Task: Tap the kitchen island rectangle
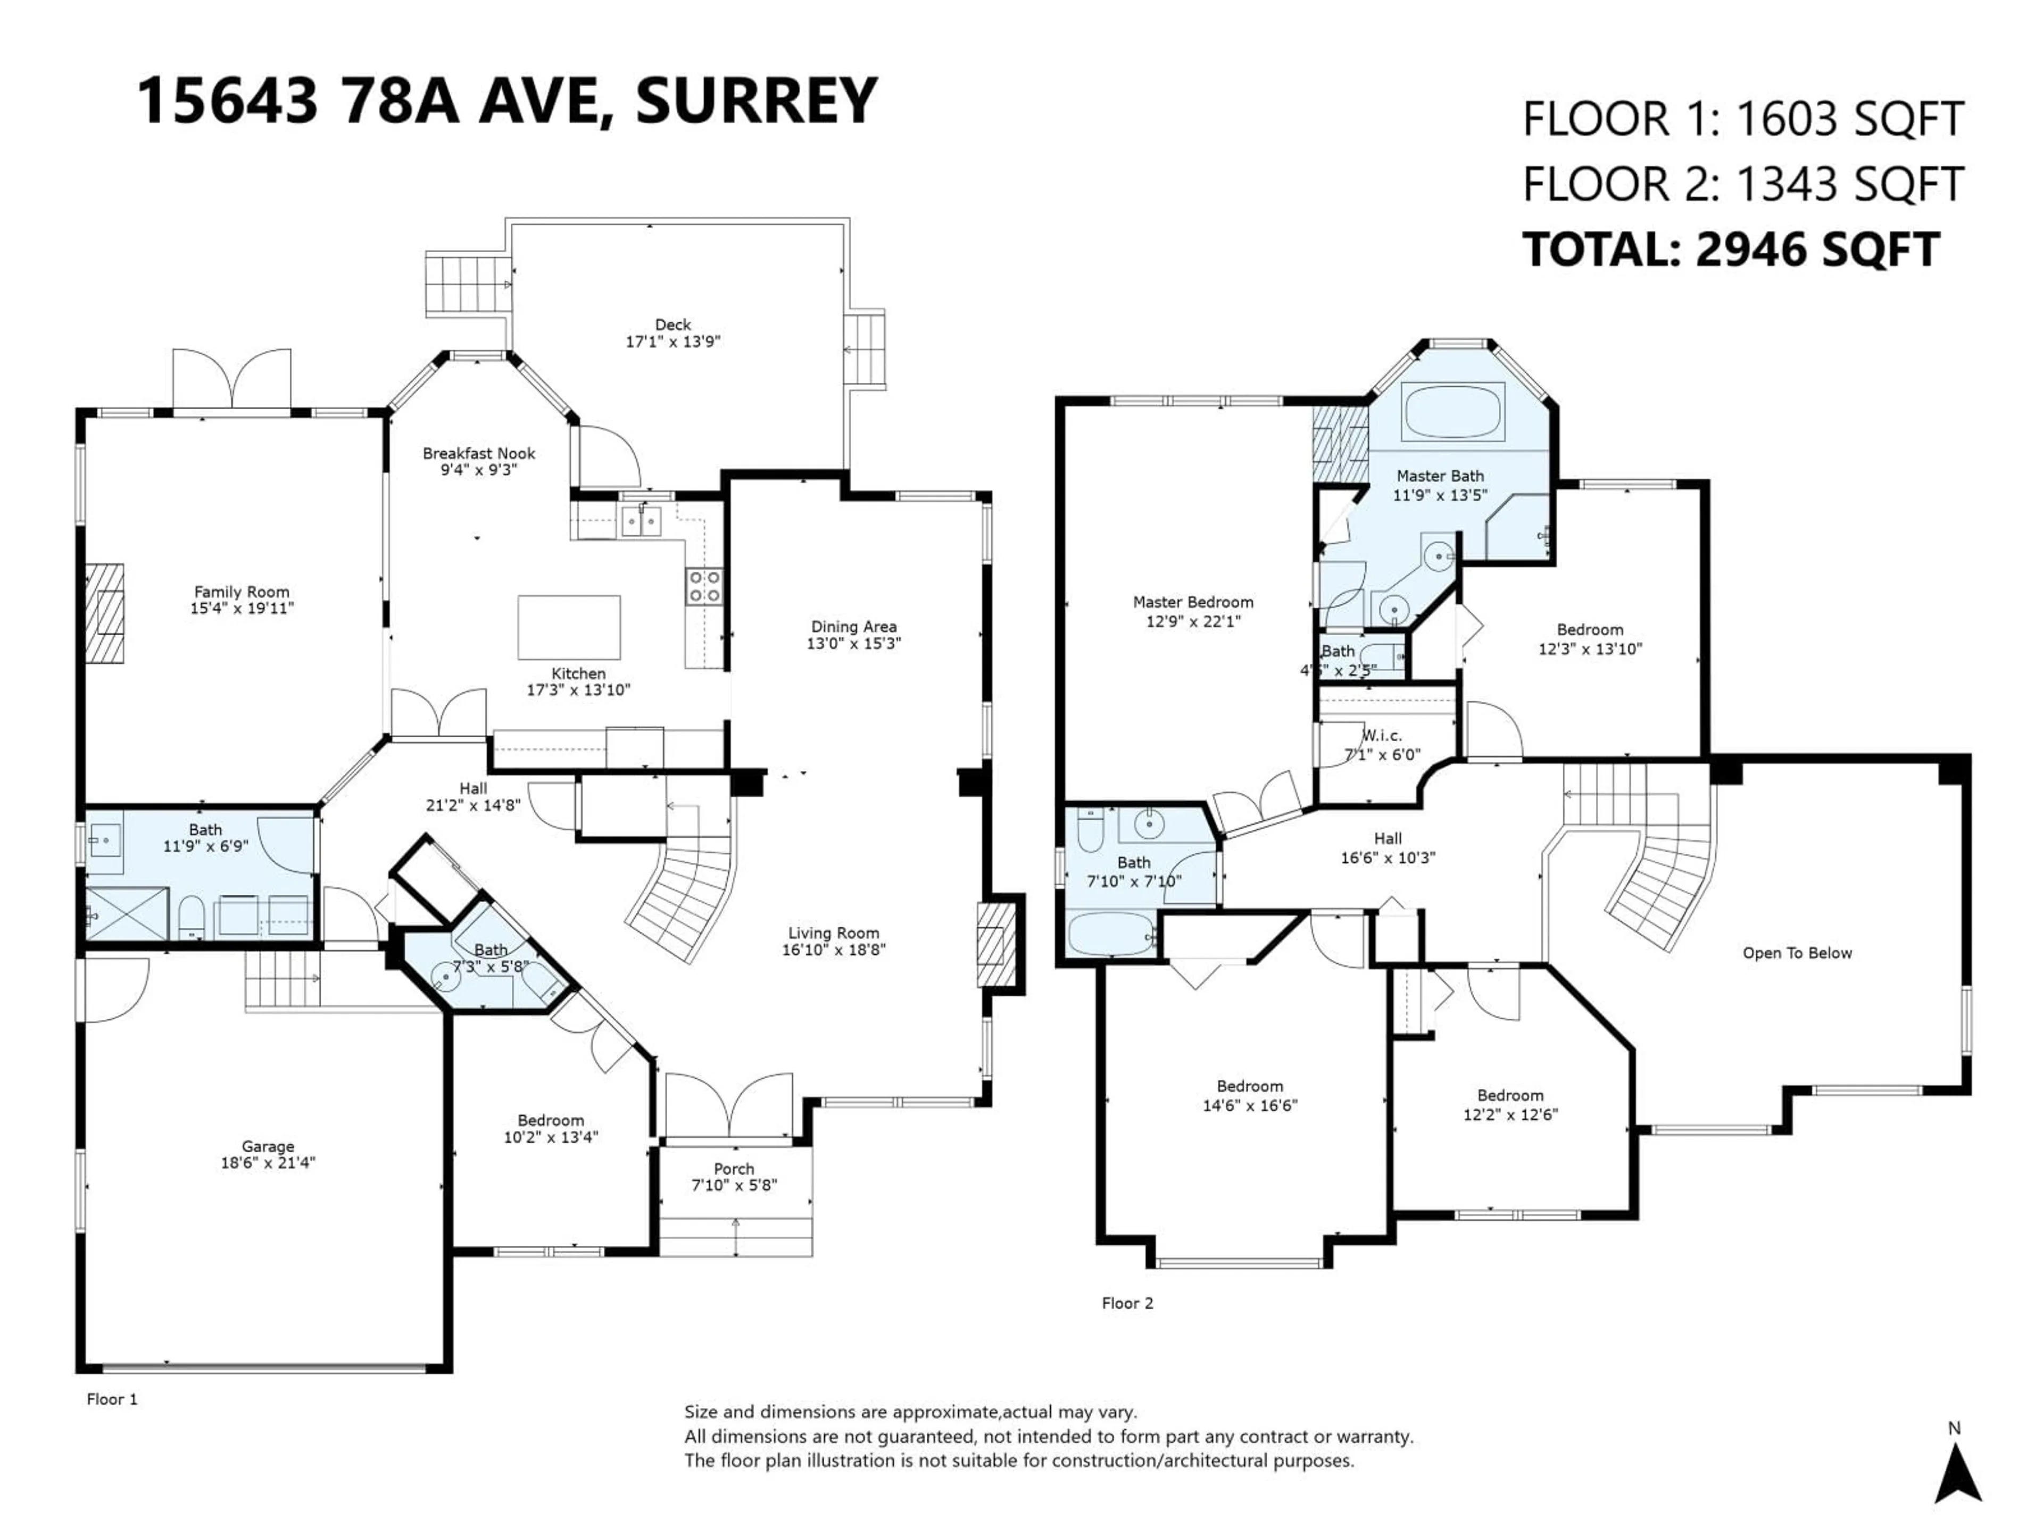[x=568, y=627]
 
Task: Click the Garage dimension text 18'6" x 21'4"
[x=268, y=1163]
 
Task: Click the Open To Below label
[x=1796, y=953]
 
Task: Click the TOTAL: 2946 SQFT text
[x=1730, y=250]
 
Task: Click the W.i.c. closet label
[x=1383, y=736]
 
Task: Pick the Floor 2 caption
[x=1127, y=1303]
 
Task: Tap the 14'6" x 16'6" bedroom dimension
[x=1250, y=1105]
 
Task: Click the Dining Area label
[x=853, y=627]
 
